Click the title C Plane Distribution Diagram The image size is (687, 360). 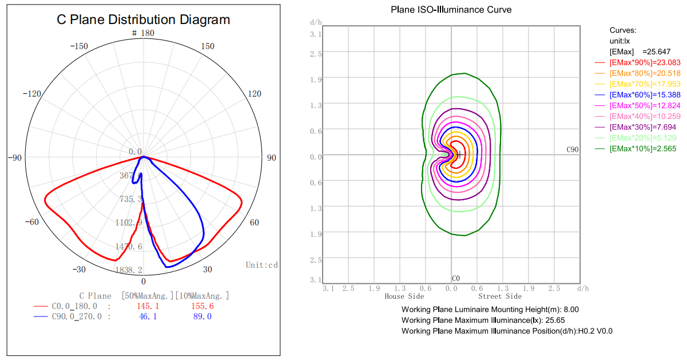[x=143, y=20]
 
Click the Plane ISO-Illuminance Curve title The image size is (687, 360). [x=451, y=10]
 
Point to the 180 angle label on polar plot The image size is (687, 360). [x=147, y=33]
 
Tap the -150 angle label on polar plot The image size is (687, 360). [x=78, y=46]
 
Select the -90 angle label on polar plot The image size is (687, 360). [x=15, y=157]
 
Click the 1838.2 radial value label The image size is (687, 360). [x=129, y=270]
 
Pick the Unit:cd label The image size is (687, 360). [x=262, y=265]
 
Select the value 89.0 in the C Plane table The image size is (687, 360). [x=201, y=317]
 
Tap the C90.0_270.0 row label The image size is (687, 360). [x=77, y=317]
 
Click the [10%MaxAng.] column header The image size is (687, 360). [x=202, y=296]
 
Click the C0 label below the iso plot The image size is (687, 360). [x=455, y=279]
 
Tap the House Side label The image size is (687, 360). [x=404, y=296]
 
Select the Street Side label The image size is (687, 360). [x=500, y=296]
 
